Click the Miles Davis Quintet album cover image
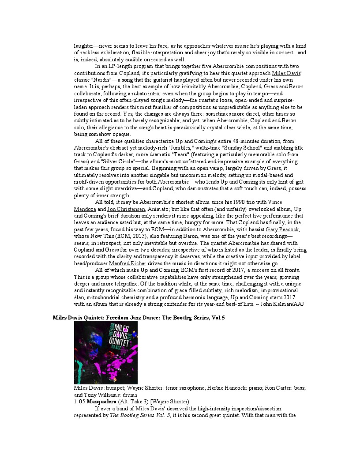(106, 352)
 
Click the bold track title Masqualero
(101, 402)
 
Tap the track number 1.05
(79, 402)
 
